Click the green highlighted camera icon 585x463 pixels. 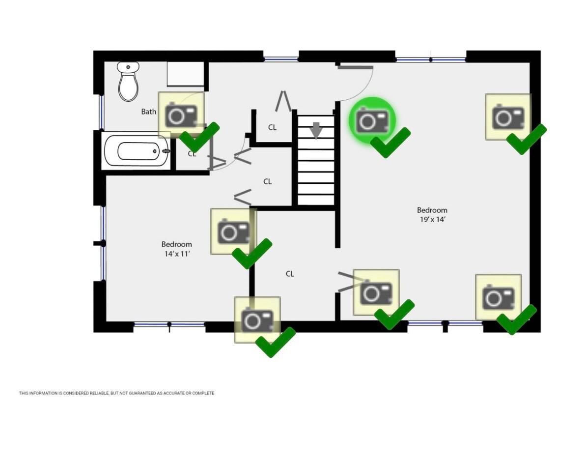pyautogui.click(x=372, y=120)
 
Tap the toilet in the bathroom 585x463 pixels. pyautogui.click(x=128, y=82)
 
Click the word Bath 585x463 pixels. pyautogui.click(x=149, y=112)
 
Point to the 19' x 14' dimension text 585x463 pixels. pyautogui.click(x=432, y=220)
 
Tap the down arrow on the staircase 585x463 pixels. pyautogui.click(x=316, y=130)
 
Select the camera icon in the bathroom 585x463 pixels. pyautogui.click(x=181, y=115)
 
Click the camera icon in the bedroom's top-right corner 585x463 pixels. pyautogui.click(x=508, y=117)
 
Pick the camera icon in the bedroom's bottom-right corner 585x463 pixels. pyautogui.click(x=498, y=297)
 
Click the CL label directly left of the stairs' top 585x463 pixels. pyautogui.click(x=272, y=127)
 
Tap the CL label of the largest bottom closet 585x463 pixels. pyautogui.click(x=290, y=274)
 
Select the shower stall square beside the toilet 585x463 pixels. pyautogui.click(x=185, y=74)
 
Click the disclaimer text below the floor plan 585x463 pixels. pyautogui.click(x=116, y=393)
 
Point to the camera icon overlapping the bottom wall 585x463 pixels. pyautogui.click(x=257, y=319)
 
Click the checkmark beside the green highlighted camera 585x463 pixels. pyautogui.click(x=390, y=142)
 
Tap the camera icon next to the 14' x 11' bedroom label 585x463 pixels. pyautogui.click(x=233, y=231)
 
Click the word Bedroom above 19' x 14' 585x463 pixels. pyautogui.click(x=432, y=210)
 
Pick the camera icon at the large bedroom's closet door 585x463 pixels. pyautogui.click(x=376, y=292)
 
